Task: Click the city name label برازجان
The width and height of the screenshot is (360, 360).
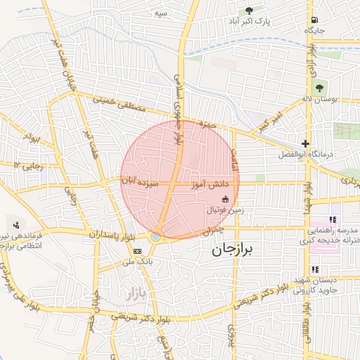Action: (235, 250)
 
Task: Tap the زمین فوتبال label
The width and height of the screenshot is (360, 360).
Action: (225, 210)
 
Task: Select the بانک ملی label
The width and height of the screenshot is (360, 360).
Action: (138, 262)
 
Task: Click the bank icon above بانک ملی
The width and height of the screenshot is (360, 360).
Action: (137, 250)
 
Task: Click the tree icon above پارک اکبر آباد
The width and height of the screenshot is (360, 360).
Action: (249, 11)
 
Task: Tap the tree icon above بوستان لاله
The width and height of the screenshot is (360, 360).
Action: (320, 88)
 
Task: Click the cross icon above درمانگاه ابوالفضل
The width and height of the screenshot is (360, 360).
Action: (304, 143)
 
